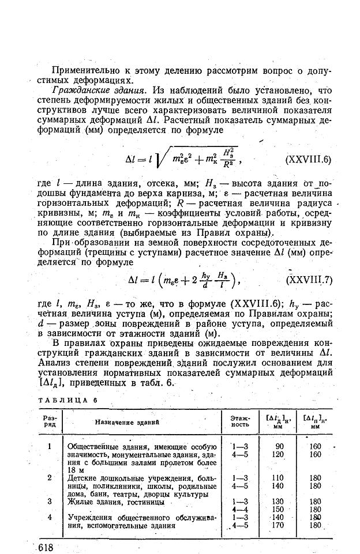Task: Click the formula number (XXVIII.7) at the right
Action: pos(309,281)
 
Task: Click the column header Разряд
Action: pos(49,421)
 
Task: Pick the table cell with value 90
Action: pos(279,446)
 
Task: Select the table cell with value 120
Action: pos(279,454)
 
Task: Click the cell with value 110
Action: pos(279,478)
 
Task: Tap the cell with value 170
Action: pos(279,525)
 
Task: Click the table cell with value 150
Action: pos(279,510)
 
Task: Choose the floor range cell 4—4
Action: pos(239,510)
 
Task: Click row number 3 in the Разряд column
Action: pos(50,502)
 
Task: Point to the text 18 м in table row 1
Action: pos(75,470)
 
